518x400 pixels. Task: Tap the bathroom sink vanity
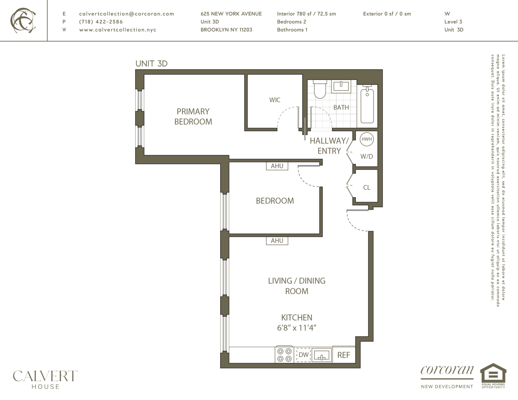point(341,86)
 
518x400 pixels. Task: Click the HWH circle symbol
point(366,139)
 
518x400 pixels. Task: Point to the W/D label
point(366,156)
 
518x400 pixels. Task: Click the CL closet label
point(366,187)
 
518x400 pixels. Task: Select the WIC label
point(275,100)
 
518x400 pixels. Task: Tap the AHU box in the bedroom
point(277,166)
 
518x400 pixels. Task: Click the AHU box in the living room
point(277,241)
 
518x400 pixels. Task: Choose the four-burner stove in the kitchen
point(284,355)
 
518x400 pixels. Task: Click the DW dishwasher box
point(303,355)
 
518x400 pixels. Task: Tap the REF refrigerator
point(343,355)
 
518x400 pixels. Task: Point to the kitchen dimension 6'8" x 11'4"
point(297,328)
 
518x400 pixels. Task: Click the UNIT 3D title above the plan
point(151,64)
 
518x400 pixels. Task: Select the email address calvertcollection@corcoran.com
point(126,14)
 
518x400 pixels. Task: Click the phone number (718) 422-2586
point(101,22)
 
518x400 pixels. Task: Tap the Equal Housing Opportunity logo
point(493,376)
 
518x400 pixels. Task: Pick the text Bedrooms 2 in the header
point(291,22)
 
